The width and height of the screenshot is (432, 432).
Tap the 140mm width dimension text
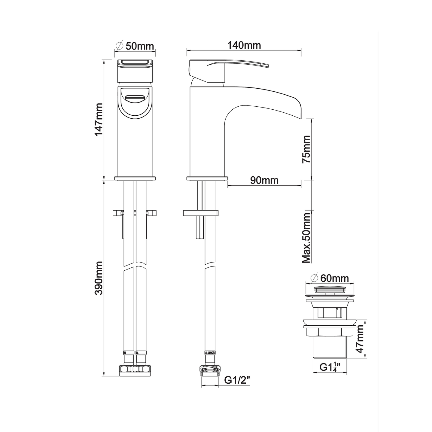click(x=244, y=45)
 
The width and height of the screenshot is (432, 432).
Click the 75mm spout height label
click(x=306, y=149)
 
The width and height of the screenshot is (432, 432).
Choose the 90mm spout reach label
click(x=264, y=180)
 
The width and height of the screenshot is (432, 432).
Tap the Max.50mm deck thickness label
click(x=306, y=238)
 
